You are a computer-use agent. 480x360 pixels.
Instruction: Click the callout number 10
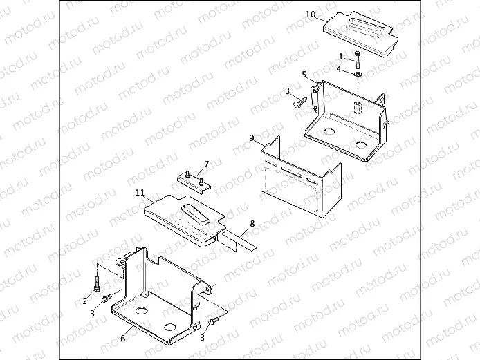click(x=310, y=15)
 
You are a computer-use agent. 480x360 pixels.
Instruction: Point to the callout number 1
click(x=340, y=56)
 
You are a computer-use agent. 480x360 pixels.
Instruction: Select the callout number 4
click(x=339, y=69)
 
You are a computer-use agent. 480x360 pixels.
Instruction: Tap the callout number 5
click(x=304, y=74)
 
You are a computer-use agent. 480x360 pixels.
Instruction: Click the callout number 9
click(x=252, y=138)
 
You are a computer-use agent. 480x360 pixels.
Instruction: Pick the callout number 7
click(x=205, y=164)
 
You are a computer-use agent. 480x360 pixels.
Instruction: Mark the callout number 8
click(x=252, y=223)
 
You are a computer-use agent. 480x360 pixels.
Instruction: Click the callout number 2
click(x=84, y=301)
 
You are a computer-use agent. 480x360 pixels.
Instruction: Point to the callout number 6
click(x=122, y=338)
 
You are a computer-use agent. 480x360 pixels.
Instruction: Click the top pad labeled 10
click(x=357, y=32)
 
